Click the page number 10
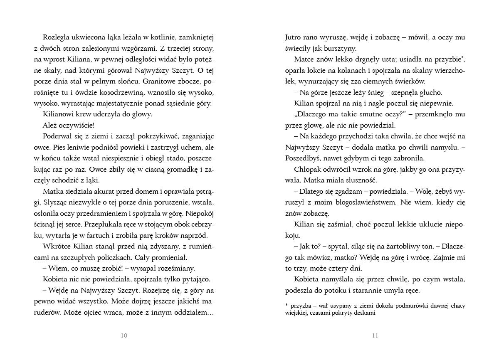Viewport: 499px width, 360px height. pos(124,336)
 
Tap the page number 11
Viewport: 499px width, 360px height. pos(375,336)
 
